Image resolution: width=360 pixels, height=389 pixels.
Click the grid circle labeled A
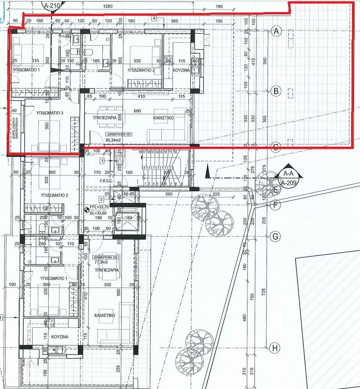(276, 31)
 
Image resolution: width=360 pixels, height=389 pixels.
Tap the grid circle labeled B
(276, 91)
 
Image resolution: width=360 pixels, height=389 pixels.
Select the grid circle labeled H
(276, 347)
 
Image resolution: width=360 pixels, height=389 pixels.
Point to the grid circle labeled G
(276, 236)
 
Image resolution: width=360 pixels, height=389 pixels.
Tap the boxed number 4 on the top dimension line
(154, 18)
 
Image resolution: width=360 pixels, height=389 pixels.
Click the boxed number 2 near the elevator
(101, 199)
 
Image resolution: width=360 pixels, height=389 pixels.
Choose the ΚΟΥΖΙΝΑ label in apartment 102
(59, 336)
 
